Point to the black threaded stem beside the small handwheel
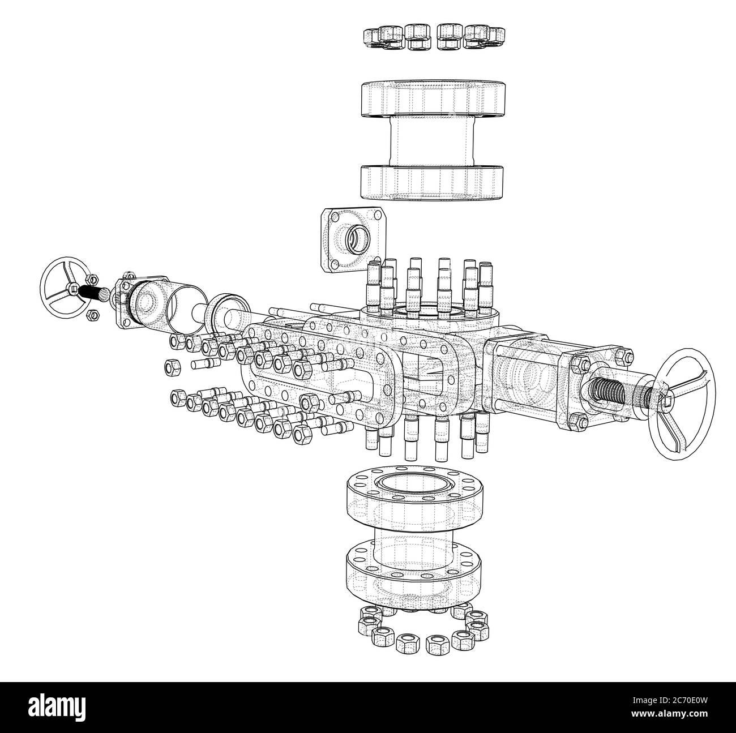[93, 293]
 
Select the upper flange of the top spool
[434, 98]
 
